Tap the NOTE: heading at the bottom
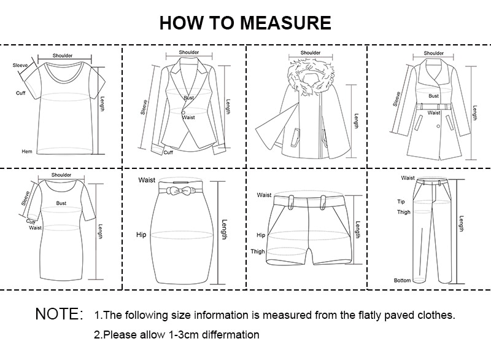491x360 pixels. click(x=59, y=315)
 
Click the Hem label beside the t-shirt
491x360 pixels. click(x=26, y=151)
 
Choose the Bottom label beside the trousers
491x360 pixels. click(x=402, y=280)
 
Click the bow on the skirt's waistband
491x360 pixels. click(x=176, y=191)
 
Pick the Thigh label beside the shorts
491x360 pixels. click(x=258, y=251)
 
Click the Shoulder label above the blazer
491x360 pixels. click(x=188, y=52)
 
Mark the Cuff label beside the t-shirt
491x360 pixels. click(x=20, y=93)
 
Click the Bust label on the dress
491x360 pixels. click(x=61, y=202)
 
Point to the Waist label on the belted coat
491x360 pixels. click(x=434, y=112)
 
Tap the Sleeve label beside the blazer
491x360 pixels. click(x=144, y=108)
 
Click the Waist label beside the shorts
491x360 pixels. click(x=264, y=195)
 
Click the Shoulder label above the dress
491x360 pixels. click(x=61, y=175)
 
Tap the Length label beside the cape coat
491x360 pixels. click(x=355, y=122)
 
